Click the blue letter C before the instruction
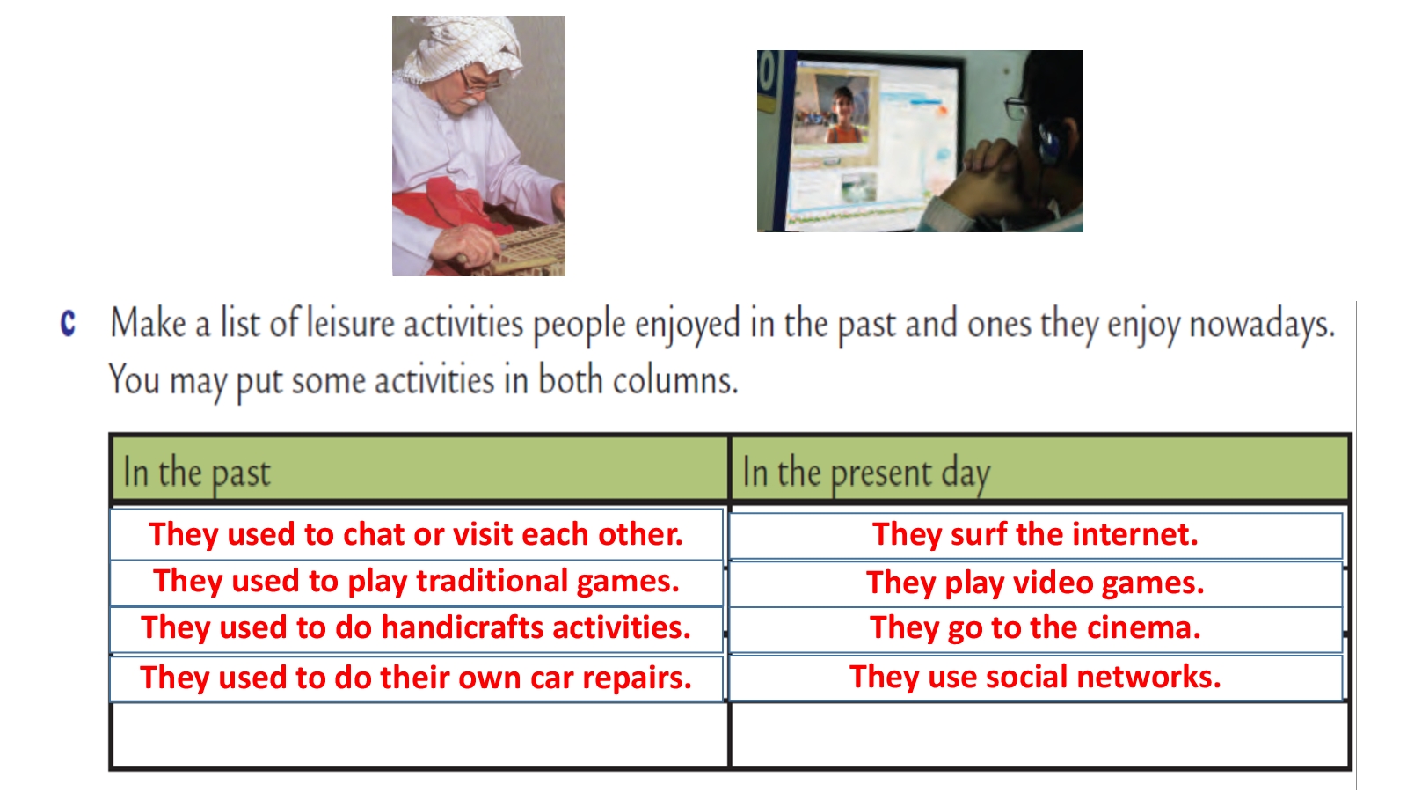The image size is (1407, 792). (x=68, y=324)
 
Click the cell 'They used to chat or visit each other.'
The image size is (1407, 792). (x=416, y=534)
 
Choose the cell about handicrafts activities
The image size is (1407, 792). (x=416, y=629)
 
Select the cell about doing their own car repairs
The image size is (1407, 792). (x=416, y=678)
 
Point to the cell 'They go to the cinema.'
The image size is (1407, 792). (x=1035, y=629)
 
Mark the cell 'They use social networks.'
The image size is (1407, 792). (x=1035, y=678)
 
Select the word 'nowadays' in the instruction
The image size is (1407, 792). (x=1262, y=325)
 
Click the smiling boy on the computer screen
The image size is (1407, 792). (x=841, y=116)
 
